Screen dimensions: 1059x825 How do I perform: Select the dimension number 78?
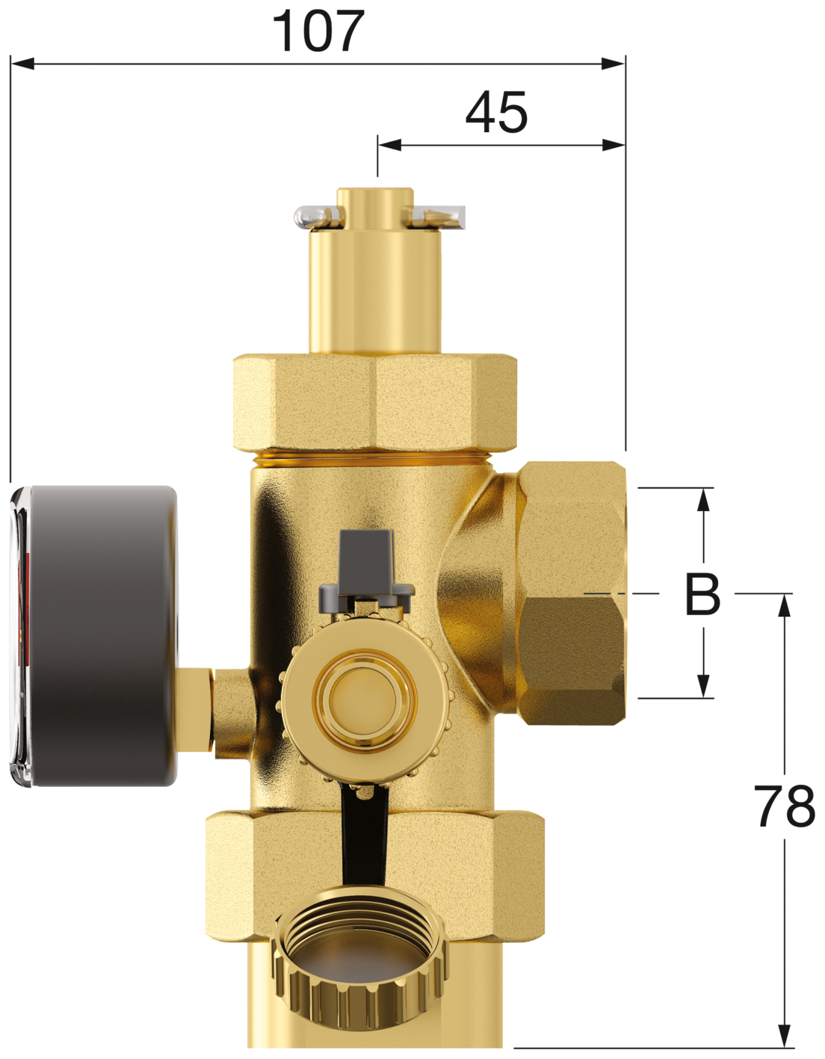pos(784,806)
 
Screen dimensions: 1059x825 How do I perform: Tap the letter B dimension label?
pos(702,595)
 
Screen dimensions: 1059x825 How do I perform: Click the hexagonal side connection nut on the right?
pos(572,593)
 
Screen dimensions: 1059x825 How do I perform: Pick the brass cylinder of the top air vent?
pos(375,291)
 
